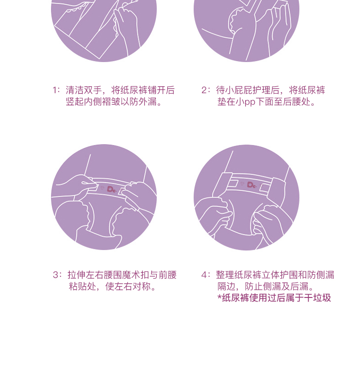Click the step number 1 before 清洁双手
[55, 90]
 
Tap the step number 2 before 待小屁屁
[204, 90]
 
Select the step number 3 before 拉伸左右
[55, 275]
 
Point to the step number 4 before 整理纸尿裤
[204, 275]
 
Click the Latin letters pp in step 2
[250, 102]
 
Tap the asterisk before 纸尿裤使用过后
[219, 297]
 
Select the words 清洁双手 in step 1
[84, 90]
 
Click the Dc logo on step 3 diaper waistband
[111, 189]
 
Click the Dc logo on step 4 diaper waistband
[252, 185]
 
